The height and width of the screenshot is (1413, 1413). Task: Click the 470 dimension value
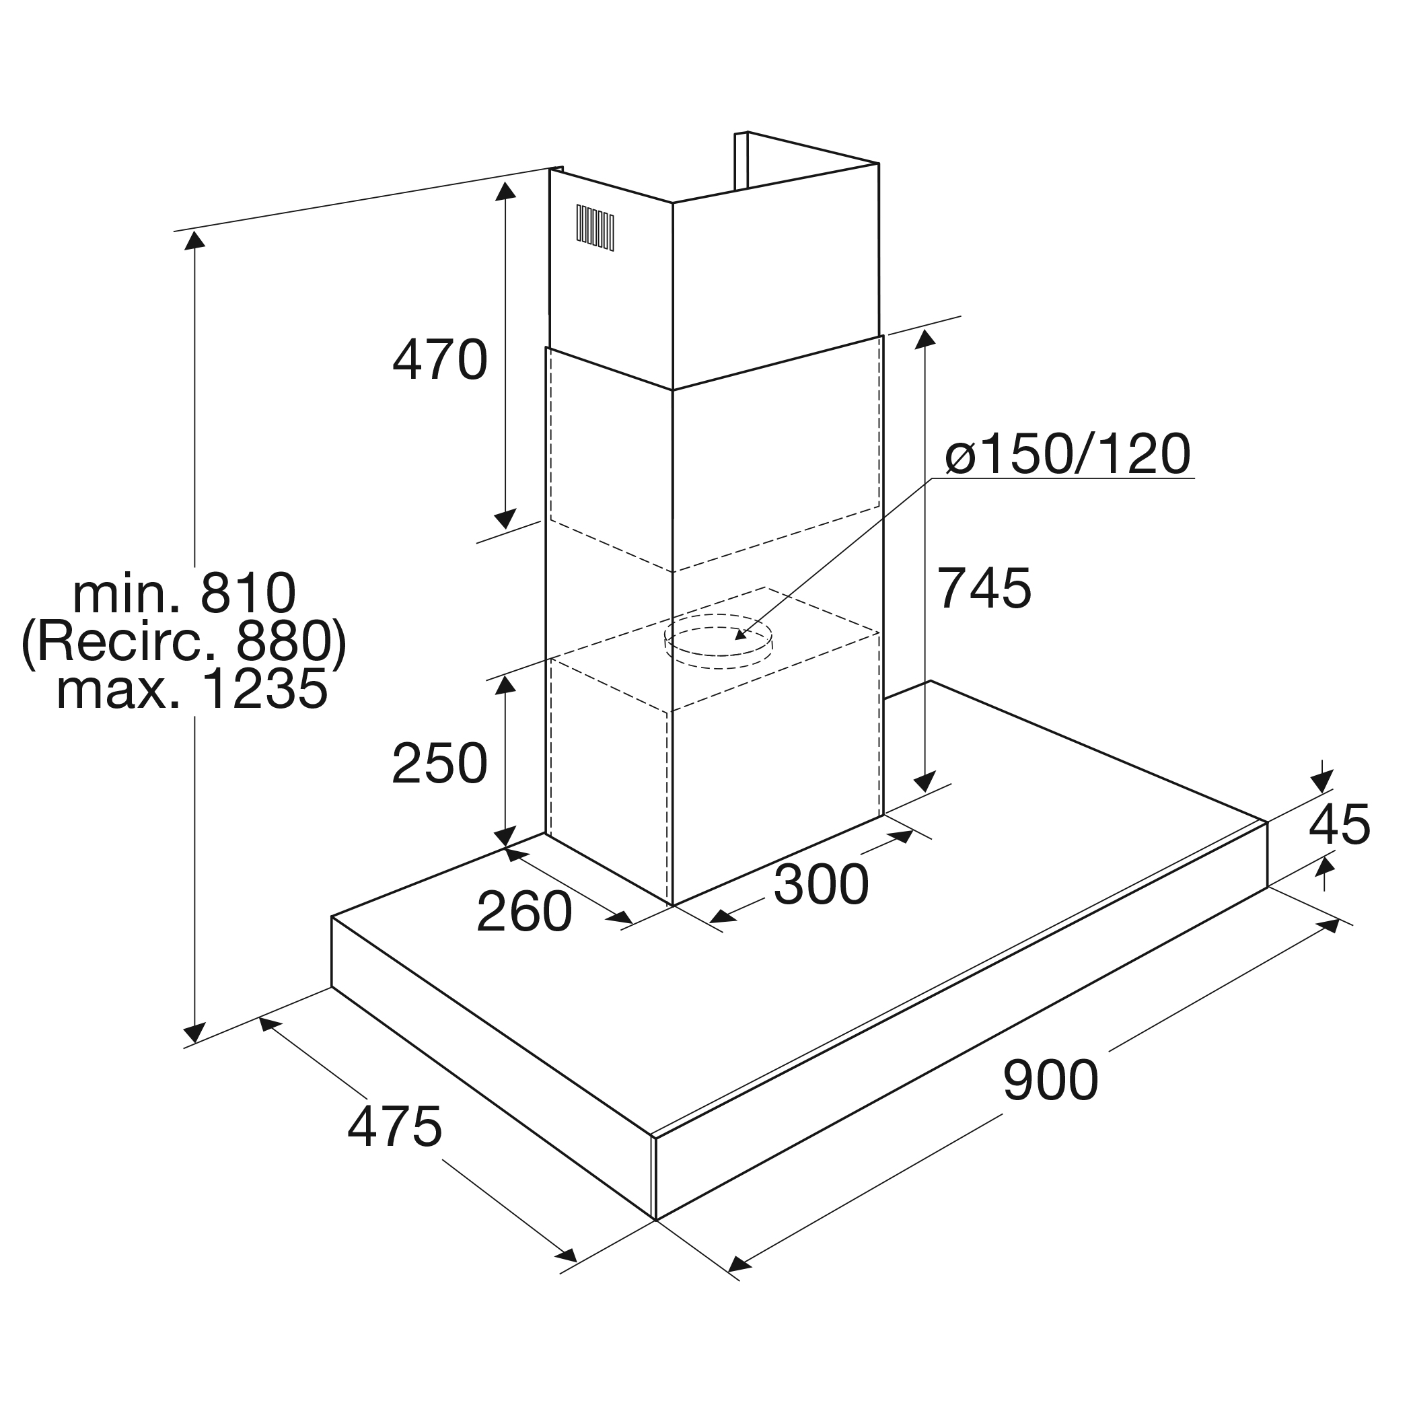pos(439,360)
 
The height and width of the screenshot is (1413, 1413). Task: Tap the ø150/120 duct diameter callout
pos(1068,454)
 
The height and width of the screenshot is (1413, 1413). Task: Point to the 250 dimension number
pos(439,764)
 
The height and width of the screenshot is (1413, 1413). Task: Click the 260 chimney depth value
pos(523,911)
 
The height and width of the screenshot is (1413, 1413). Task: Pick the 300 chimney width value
pos(821,884)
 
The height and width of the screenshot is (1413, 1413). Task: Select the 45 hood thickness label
pos(1338,824)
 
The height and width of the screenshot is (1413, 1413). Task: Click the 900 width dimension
pos(1050,1079)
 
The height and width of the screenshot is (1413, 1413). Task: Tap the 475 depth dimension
pos(395,1126)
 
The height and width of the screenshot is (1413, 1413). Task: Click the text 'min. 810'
pos(184,593)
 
